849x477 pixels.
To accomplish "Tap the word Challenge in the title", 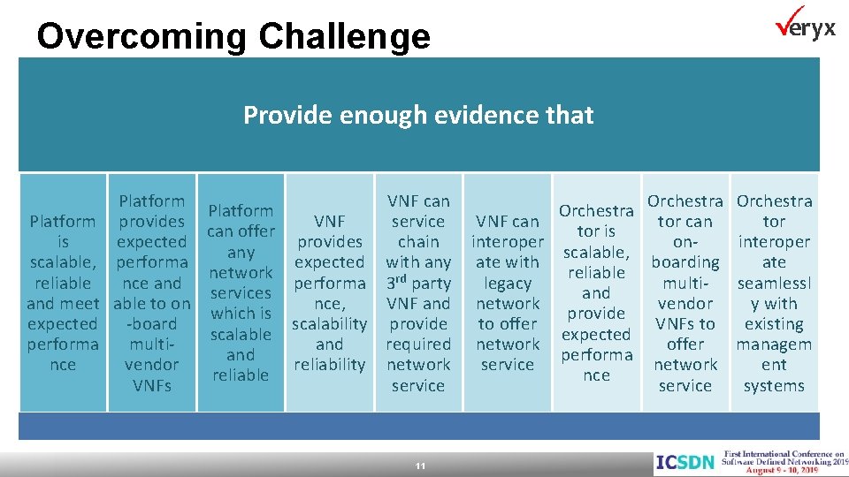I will coord(345,36).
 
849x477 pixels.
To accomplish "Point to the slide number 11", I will coord(421,465).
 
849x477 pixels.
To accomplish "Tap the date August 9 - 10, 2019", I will coord(771,470).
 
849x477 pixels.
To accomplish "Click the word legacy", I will coord(508,283).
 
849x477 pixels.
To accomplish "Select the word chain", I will coord(418,241).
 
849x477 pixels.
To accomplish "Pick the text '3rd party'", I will coord(418,283).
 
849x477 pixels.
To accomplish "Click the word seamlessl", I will coord(774,283).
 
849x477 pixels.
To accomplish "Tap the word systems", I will coord(774,385).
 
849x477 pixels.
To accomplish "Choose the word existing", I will coord(774,324).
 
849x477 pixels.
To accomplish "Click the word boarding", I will coord(685,262).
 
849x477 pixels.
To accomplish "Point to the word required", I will coord(418,344).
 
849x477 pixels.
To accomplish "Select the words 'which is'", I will coord(241,314).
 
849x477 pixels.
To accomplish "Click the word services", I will coord(241,293).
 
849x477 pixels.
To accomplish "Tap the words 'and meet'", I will coord(63,304).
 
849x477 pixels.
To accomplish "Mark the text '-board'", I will coord(151,324).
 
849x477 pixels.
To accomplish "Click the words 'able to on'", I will coord(151,304).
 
